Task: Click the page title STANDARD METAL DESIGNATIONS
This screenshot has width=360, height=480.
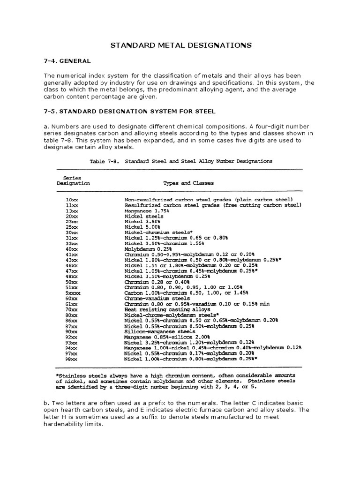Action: click(181, 45)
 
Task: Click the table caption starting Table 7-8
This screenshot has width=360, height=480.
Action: click(180, 161)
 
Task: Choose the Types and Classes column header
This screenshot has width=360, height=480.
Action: click(188, 183)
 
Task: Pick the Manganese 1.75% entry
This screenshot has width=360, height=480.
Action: click(146, 211)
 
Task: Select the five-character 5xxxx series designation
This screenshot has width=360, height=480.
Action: click(73, 292)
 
